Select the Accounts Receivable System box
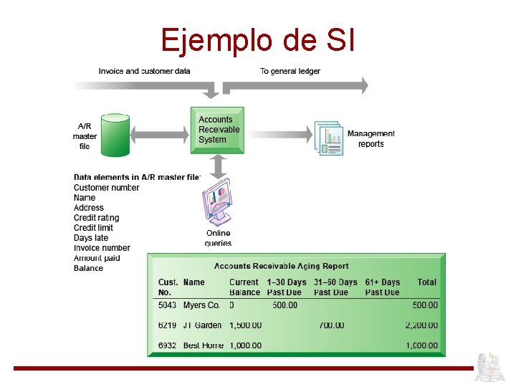click(217, 130)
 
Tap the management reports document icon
click(328, 137)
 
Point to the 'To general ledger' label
click(290, 71)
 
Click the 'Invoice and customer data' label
click(144, 71)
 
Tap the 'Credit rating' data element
click(96, 218)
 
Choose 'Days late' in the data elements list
click(91, 238)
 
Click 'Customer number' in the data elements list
click(106, 188)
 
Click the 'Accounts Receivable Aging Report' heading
click(282, 266)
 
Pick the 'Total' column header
click(427, 282)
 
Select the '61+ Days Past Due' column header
click(382, 287)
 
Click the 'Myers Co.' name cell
click(201, 305)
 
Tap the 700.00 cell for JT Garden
click(331, 325)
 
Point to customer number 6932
click(167, 345)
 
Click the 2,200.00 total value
click(421, 325)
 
